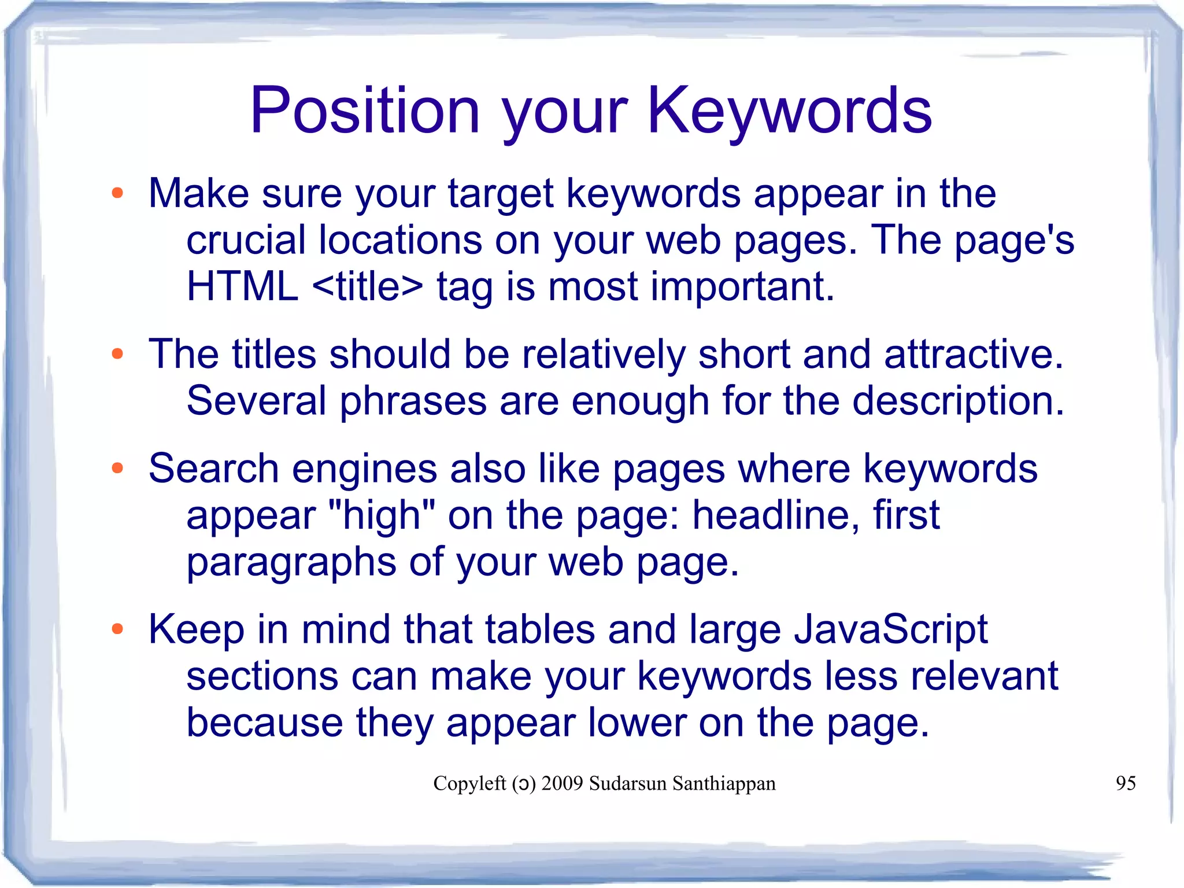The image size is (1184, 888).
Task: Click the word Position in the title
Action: [365, 110]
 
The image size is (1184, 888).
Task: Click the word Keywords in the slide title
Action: [790, 110]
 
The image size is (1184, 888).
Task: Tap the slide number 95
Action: [1126, 783]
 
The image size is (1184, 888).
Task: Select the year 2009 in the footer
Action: [562, 783]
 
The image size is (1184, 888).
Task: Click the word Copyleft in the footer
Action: [469, 783]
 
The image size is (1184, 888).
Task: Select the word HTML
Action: [242, 286]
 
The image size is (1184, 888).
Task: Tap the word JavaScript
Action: [891, 629]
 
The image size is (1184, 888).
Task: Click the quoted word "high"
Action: [381, 515]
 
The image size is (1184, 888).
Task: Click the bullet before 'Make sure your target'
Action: [118, 194]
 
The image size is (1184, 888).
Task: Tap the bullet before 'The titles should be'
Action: [118, 354]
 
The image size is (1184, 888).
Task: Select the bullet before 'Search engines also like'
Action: [118, 469]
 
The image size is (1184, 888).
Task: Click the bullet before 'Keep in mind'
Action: [118, 629]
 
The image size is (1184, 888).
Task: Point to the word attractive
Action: [974, 354]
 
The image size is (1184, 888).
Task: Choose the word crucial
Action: [246, 240]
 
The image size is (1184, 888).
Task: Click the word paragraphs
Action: [291, 562]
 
